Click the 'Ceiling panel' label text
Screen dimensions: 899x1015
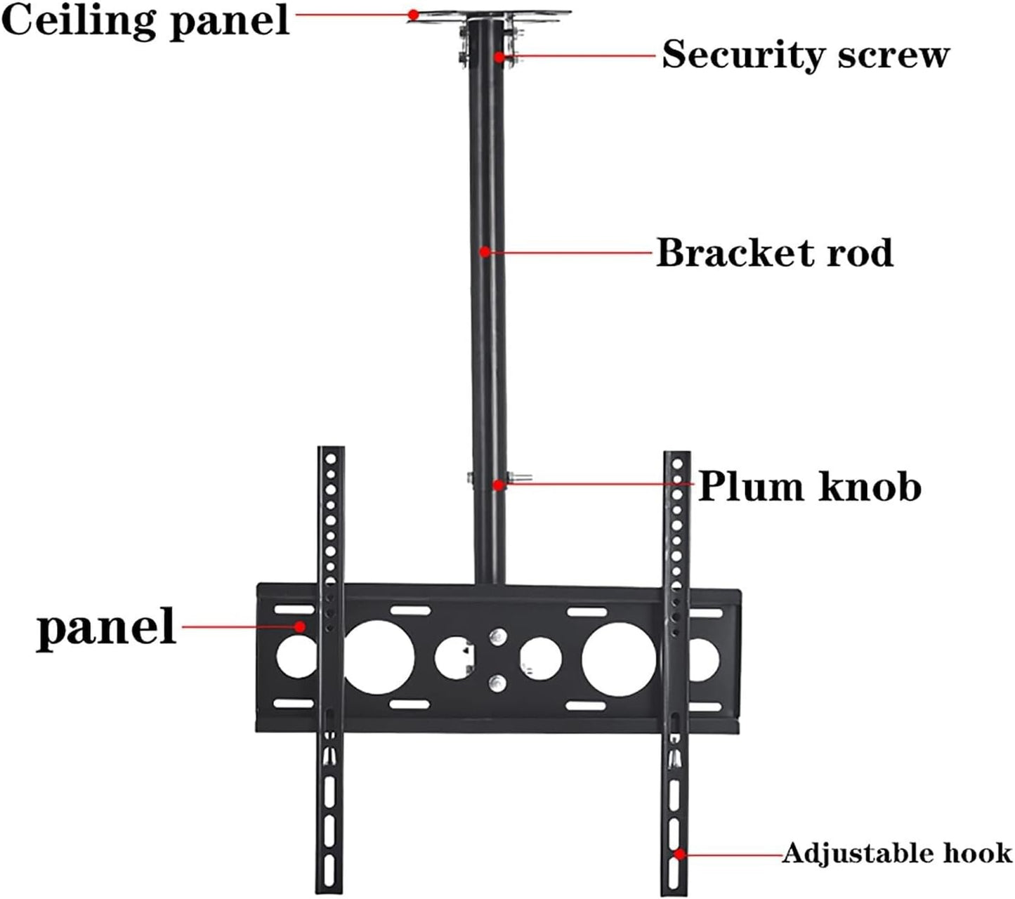[x=145, y=20]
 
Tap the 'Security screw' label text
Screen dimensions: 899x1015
[x=805, y=54]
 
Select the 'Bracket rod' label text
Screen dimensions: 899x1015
[x=774, y=252]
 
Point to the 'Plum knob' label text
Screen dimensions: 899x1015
[x=809, y=486]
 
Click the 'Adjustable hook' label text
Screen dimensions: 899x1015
[x=897, y=853]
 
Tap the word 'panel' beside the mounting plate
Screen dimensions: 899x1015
[x=105, y=626]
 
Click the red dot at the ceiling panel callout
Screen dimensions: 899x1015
[x=414, y=14]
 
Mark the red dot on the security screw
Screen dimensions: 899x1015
[x=499, y=56]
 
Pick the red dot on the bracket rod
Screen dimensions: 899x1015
[x=485, y=251]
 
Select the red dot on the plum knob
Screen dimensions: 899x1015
[x=498, y=485]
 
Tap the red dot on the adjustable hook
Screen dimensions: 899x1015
[x=679, y=854]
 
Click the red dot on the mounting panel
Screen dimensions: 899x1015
[x=300, y=626]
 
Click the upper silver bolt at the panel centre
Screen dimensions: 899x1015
[x=497, y=637]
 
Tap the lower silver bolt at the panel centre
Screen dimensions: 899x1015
[x=497, y=681]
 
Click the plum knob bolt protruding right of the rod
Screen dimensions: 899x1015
[x=520, y=478]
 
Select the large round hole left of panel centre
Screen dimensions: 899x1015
[x=379, y=658]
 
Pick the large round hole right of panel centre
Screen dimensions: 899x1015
[x=619, y=660]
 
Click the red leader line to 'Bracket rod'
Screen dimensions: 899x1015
[x=569, y=251]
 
